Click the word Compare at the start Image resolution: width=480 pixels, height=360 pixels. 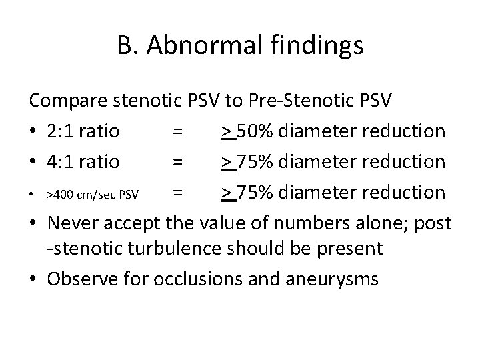68,101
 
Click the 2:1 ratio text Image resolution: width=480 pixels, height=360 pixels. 83,131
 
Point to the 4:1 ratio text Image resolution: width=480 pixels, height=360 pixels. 83,162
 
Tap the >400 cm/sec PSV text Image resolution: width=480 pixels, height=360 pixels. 92,195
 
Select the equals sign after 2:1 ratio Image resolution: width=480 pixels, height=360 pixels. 177,131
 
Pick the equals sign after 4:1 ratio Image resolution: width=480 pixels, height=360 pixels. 177,162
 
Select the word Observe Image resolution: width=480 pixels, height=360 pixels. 79,279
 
